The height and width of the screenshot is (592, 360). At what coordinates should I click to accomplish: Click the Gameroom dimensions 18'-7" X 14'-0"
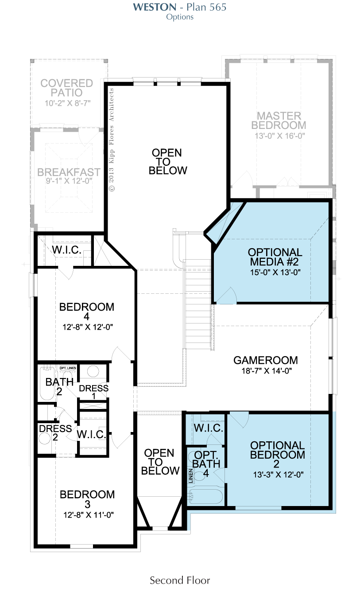tap(267, 371)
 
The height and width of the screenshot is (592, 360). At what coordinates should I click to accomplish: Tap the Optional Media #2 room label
tap(275, 257)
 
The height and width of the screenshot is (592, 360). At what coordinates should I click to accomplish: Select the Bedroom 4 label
tap(87, 312)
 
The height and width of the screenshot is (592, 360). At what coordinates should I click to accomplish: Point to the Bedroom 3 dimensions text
tap(89, 515)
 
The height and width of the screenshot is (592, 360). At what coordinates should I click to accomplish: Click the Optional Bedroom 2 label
tap(277, 454)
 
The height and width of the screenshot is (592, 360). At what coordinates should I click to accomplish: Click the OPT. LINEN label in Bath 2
tap(68, 368)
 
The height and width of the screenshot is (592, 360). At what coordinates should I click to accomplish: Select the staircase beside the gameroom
tap(198, 304)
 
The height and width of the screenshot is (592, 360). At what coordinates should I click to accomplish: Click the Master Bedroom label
tap(279, 121)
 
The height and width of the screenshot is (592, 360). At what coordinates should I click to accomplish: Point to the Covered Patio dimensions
tap(68, 103)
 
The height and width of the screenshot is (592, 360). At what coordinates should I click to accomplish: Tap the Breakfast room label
tap(69, 172)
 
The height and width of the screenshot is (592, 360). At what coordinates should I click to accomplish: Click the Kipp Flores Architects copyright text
tap(112, 140)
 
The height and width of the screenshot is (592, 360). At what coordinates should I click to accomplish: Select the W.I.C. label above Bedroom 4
tap(66, 250)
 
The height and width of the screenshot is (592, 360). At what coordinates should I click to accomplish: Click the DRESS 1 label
tap(93, 392)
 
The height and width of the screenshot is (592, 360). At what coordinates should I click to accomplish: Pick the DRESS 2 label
tap(55, 432)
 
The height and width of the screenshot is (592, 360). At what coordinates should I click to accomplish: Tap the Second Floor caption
tap(180, 580)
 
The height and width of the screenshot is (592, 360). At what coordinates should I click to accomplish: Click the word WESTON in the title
tap(155, 7)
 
